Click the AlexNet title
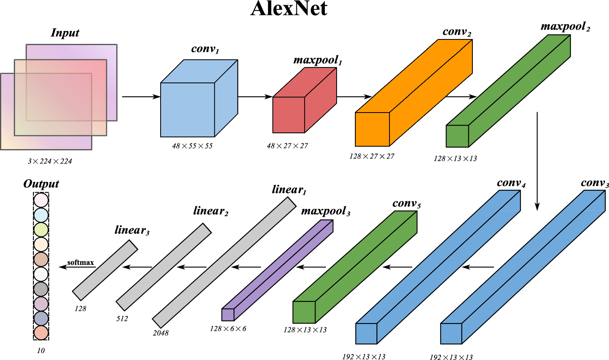289,9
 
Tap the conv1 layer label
205,49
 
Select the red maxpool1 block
289,115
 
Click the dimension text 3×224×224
50,161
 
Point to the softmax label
80,262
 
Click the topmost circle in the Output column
41,200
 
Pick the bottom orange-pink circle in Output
41,333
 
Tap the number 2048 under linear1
161,333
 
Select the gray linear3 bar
105,270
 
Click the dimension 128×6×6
228,329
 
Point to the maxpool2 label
565,27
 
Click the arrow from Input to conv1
141,97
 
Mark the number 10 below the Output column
41,351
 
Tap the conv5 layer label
406,204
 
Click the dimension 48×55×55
192,146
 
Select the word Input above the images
65,33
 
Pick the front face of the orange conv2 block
372,129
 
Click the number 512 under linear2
122,319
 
